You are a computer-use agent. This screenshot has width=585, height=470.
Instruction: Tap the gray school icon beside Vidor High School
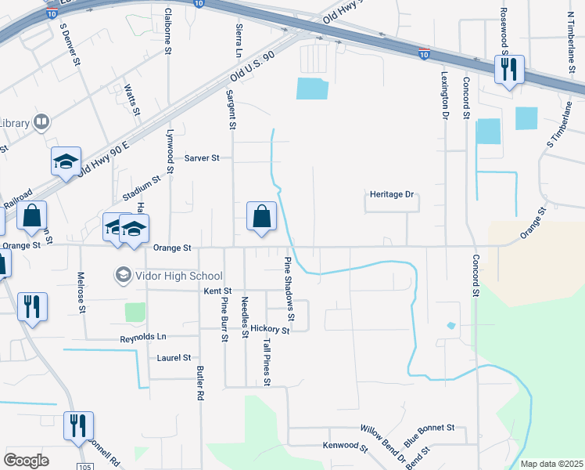[123, 275]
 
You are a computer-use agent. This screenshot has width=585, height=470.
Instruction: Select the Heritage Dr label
[391, 194]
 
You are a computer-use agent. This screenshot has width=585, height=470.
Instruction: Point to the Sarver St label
[202, 158]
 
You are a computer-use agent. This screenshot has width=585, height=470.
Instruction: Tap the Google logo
[26, 461]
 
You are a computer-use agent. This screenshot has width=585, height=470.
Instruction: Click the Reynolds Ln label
[143, 338]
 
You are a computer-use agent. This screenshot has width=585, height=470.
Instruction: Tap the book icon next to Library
[41, 122]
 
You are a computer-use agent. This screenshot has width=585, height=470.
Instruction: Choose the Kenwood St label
[345, 446]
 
